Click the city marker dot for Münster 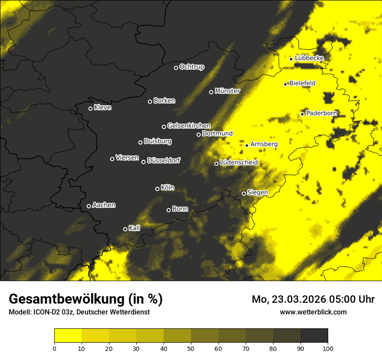click(x=211, y=92)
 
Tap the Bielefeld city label click(x=302, y=83)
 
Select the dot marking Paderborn click(x=303, y=114)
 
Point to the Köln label click(x=167, y=188)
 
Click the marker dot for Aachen click(x=89, y=206)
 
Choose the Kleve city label click(x=102, y=108)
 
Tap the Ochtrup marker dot click(x=176, y=68)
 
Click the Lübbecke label click(x=309, y=58)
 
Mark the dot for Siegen click(x=244, y=193)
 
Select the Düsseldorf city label click(x=164, y=160)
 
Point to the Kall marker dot click(x=125, y=229)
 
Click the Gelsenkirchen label click(x=189, y=126)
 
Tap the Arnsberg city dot click(x=247, y=145)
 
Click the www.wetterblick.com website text click(x=313, y=312)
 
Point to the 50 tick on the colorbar click(x=191, y=348)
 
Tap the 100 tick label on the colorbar click(x=328, y=348)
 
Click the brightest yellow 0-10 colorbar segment click(x=68, y=336)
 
